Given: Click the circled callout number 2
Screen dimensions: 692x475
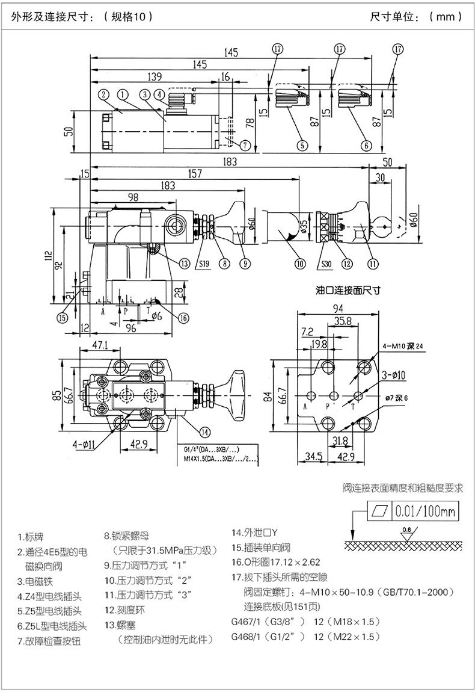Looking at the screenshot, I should [103, 94].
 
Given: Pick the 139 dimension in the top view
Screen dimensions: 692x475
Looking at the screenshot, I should [155, 76].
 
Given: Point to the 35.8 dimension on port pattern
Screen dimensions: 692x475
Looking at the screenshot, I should [343, 321].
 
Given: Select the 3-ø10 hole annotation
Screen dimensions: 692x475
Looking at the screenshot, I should [394, 375].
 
